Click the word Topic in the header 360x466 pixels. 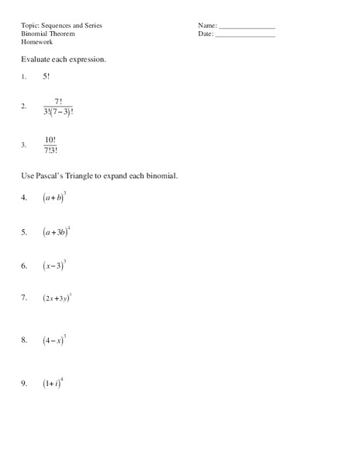pyautogui.click(x=29, y=26)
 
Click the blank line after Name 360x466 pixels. pyautogui.click(x=247, y=28)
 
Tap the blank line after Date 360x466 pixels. pyautogui.click(x=245, y=37)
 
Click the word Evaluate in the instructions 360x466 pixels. pyautogui.click(x=38, y=60)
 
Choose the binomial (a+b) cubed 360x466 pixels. pyautogui.click(x=54, y=198)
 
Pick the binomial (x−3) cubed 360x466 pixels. pyautogui.click(x=54, y=266)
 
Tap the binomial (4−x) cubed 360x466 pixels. pyautogui.click(x=54, y=339)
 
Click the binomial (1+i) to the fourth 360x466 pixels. pyautogui.click(x=53, y=382)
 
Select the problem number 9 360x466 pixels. pyautogui.click(x=24, y=383)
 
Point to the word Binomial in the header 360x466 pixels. pyautogui.click(x=36, y=34)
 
